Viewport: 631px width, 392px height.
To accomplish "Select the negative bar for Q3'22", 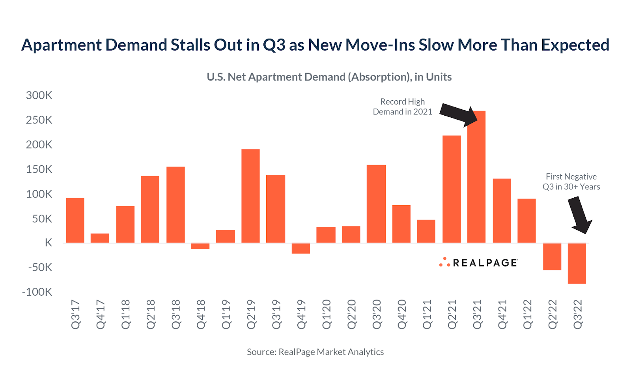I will [x=577, y=263].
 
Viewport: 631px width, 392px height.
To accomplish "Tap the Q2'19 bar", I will [x=250, y=196].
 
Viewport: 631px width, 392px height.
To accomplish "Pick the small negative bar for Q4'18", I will [x=200, y=246].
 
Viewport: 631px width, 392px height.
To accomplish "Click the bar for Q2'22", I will [x=552, y=257].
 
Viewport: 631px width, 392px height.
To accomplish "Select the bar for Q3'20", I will [x=376, y=204].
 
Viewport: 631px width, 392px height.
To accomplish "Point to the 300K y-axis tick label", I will [x=39, y=96].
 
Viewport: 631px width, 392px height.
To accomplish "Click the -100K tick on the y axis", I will [x=37, y=292].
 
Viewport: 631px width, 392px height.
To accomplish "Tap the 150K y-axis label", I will [x=39, y=169].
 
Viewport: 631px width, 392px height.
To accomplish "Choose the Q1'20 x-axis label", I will [x=327, y=314].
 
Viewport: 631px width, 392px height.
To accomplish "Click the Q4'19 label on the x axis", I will [x=301, y=314].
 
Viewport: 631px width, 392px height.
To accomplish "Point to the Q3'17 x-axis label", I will [x=75, y=314].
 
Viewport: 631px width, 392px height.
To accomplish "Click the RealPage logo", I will [x=478, y=263].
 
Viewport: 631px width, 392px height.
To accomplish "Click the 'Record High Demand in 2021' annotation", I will [x=402, y=107].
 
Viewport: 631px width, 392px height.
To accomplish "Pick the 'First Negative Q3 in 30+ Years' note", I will [x=571, y=182].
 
